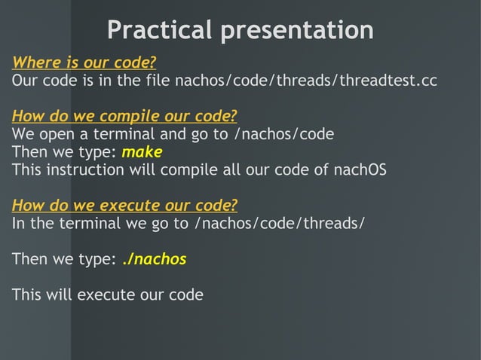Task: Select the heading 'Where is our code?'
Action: pyautogui.click(x=84, y=62)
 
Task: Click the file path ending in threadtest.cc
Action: pyautogui.click(x=305, y=80)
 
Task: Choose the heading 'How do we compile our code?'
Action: pyautogui.click(x=124, y=116)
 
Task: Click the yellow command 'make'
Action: pyautogui.click(x=142, y=152)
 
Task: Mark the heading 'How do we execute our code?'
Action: pyautogui.click(x=124, y=206)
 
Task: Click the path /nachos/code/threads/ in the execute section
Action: pyautogui.click(x=280, y=224)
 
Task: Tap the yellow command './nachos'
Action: pyautogui.click(x=154, y=259)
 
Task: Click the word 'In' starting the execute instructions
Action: pyautogui.click(x=18, y=224)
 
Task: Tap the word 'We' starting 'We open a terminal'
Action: pyautogui.click(x=23, y=135)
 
